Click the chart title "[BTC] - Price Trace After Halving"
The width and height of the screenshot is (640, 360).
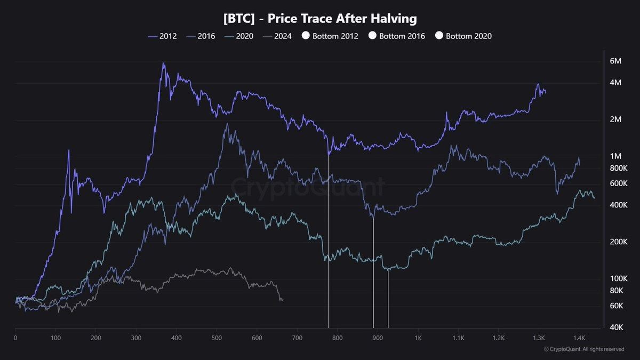pyautogui.click(x=319, y=19)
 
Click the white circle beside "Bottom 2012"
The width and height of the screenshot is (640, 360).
pyautogui.click(x=306, y=36)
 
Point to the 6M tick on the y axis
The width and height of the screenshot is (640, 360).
pyautogui.click(x=615, y=61)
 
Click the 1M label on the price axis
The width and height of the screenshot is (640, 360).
pyautogui.click(x=615, y=156)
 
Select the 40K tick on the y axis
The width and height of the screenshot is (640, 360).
pyautogui.click(x=617, y=327)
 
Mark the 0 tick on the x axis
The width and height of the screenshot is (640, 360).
pyautogui.click(x=15, y=338)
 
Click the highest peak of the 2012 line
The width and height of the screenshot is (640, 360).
pyautogui.click(x=163, y=63)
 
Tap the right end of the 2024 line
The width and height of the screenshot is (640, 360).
pyautogui.click(x=282, y=300)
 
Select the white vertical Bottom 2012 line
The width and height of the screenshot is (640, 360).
pyautogui.click(x=328, y=240)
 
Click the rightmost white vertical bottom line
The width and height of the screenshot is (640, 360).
pyautogui.click(x=388, y=299)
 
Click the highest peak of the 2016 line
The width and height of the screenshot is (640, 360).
pyautogui.click(x=227, y=124)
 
